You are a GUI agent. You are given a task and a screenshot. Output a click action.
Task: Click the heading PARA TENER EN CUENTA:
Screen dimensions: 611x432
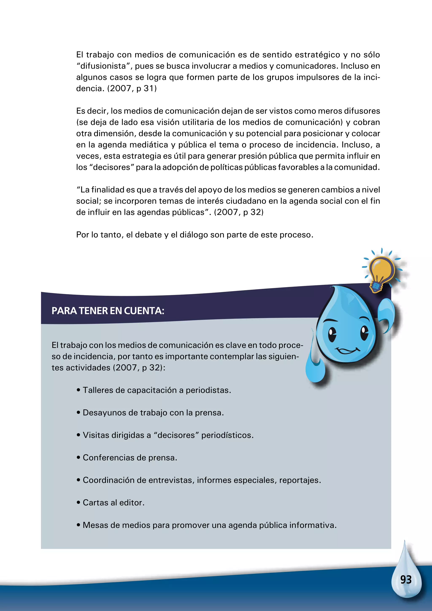click(x=108, y=311)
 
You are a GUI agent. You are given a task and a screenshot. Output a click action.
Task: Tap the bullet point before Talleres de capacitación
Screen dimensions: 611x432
click(x=78, y=390)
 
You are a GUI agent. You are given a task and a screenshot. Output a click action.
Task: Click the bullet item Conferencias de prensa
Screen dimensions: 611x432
click(x=130, y=458)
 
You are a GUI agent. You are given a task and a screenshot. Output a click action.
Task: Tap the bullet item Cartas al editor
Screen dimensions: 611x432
click(x=113, y=503)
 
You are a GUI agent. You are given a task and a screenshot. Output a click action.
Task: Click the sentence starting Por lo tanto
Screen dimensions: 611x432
click(x=194, y=235)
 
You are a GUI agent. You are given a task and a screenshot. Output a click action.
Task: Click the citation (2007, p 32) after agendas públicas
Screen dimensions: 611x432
click(x=239, y=212)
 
